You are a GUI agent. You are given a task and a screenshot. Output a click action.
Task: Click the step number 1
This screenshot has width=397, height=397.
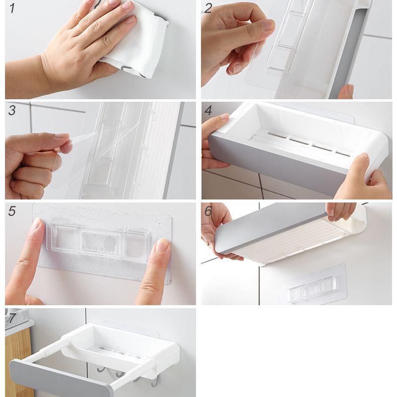coord(12,8)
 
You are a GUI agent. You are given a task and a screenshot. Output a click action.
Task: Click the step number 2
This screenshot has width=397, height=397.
coord(208,8)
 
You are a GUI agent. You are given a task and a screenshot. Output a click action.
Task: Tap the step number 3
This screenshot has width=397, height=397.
coord(12,110)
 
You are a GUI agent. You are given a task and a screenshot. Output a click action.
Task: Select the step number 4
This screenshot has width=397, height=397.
coord(208,111)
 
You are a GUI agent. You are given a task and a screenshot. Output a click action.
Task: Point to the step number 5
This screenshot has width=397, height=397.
coord(12,211)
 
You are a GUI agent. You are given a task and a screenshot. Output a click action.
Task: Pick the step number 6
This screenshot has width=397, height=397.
coord(208,211)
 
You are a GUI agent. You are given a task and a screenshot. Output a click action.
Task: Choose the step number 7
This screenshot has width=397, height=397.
coord(11,318)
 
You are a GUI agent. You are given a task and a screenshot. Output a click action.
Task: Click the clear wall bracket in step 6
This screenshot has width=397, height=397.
coord(314,284)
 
